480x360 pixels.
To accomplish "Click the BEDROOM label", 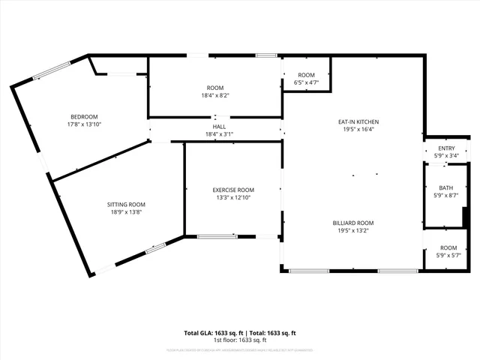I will tap(84, 116).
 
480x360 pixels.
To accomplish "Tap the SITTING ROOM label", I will tap(126, 204).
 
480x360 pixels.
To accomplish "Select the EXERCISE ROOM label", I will tap(233, 190).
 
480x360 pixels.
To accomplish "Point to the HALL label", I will tap(219, 127).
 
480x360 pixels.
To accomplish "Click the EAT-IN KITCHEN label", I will tap(358, 121).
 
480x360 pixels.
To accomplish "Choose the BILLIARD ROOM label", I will tap(353, 223).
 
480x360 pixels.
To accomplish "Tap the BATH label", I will tap(446, 187).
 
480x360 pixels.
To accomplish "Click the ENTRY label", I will tap(446, 148).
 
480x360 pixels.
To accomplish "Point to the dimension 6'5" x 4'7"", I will tap(306, 82).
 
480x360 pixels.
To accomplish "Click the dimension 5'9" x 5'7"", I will tap(448, 256).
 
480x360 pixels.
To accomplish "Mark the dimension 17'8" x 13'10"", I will tap(84, 124).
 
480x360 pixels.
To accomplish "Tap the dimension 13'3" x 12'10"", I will tap(233, 198).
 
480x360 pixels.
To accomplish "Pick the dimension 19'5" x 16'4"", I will tap(358, 129).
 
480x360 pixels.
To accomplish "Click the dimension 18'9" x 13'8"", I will tap(126, 212).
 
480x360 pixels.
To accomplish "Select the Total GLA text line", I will tap(240, 333).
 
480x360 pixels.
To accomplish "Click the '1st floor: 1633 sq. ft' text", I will tap(240, 340).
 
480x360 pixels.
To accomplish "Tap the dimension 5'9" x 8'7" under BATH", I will tap(446, 196).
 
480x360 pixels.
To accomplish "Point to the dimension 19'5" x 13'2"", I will tap(353, 231).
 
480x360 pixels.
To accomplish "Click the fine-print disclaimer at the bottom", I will tap(240, 350).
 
